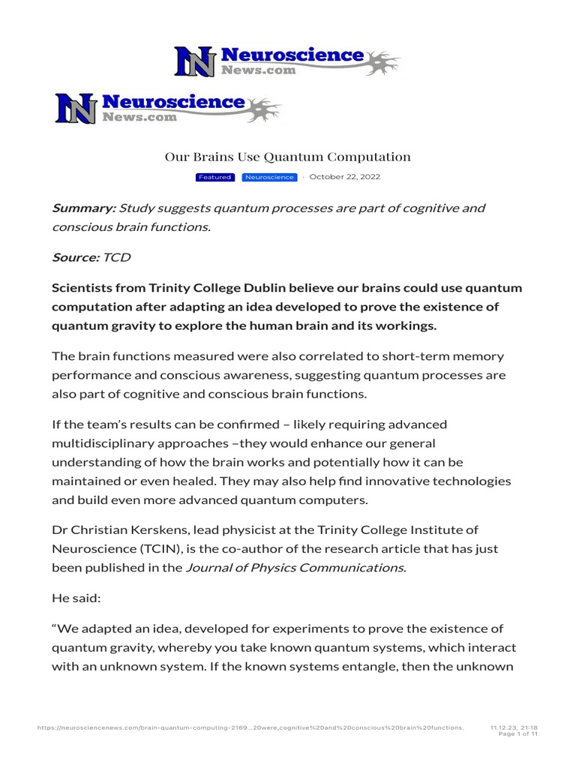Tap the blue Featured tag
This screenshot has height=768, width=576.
[x=214, y=177]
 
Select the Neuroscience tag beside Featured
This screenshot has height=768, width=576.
[x=269, y=177]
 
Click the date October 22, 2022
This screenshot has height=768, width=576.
[x=345, y=177]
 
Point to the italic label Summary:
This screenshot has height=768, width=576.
[x=83, y=208]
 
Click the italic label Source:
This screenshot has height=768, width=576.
[x=75, y=257]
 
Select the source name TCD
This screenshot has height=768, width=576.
[x=117, y=257]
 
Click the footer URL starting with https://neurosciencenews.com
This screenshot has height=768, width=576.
[x=250, y=727]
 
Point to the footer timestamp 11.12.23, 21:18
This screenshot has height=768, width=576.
[x=514, y=727]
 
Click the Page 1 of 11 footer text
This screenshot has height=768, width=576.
[x=518, y=734]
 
